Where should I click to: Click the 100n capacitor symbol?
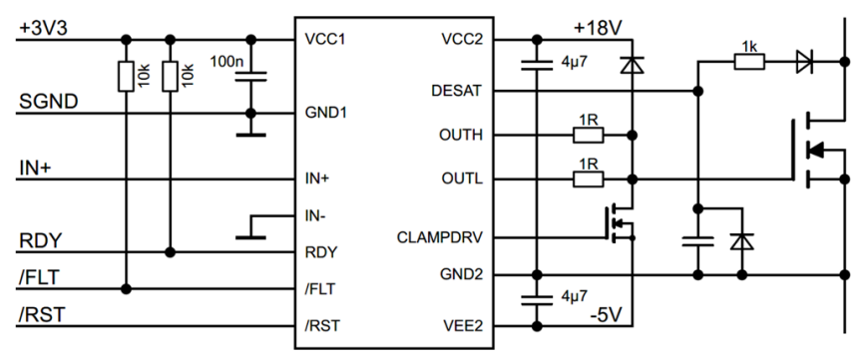[x=251, y=76]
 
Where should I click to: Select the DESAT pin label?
[x=458, y=91]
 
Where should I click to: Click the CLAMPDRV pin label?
[x=440, y=238]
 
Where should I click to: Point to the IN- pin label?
[x=318, y=214]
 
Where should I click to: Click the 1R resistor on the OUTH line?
[x=588, y=135]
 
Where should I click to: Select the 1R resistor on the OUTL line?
[x=588, y=180]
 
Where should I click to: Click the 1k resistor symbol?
[x=749, y=62]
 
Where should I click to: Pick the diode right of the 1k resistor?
[x=803, y=62]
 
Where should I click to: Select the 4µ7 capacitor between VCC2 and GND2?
[x=537, y=66]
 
